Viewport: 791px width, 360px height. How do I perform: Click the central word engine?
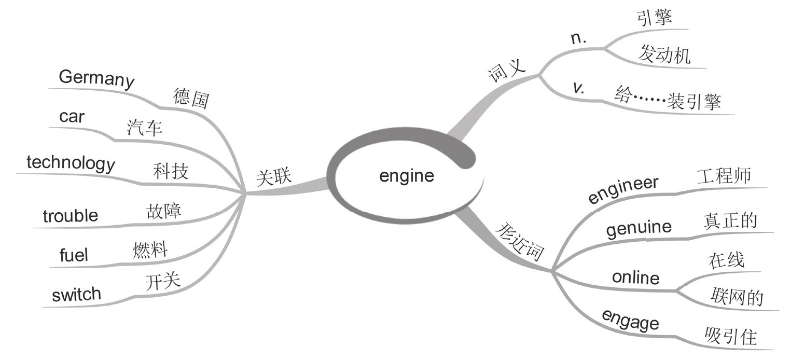tap(406, 176)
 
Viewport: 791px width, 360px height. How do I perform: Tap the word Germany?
tap(96, 79)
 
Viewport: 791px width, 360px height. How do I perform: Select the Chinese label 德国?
tap(191, 98)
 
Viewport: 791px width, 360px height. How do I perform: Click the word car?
tap(72, 117)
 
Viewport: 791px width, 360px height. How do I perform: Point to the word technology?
tap(71, 163)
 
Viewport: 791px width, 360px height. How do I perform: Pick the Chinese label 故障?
tap(164, 210)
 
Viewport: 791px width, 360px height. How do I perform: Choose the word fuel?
tap(74, 255)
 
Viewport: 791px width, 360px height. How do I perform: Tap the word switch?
tap(76, 295)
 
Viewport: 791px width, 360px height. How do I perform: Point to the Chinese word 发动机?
tap(664, 54)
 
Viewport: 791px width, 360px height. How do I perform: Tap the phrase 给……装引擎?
tap(668, 99)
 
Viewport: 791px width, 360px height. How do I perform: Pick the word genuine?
tap(639, 227)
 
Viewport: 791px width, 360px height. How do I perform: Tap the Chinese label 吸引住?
tap(731, 336)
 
